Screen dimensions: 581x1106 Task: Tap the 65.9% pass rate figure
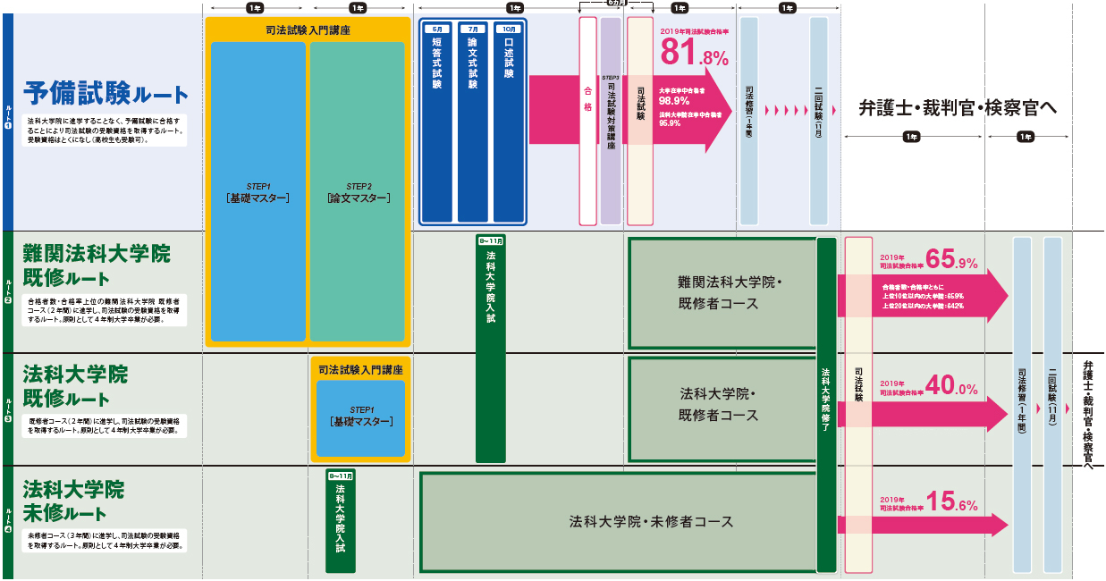[951, 261]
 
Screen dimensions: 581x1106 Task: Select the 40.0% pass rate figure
[951, 385]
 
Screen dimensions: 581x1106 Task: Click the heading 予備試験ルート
[106, 93]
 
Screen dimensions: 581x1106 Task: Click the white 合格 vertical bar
[587, 121]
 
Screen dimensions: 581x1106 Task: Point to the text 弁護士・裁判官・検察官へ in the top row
[958, 108]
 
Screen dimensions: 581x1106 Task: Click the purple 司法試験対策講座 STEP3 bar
[611, 121]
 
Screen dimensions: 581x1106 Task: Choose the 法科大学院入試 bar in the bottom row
[341, 521]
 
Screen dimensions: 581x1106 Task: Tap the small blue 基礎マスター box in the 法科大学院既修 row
[360, 418]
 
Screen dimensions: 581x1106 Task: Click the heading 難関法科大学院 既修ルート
[97, 265]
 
